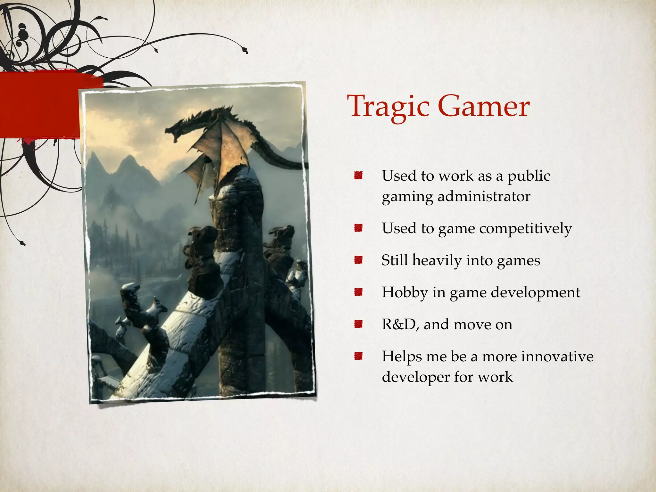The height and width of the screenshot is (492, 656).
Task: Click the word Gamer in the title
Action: pos(483,107)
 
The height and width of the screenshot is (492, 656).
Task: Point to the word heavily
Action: pos(437,260)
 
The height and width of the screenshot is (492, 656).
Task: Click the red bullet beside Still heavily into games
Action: pos(358,260)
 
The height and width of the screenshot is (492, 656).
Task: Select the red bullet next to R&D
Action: pos(358,324)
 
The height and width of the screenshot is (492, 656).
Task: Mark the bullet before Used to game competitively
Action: pos(358,228)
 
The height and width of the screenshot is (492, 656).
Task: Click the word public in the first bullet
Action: pos(529,176)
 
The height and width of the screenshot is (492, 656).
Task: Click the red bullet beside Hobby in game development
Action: pos(358,292)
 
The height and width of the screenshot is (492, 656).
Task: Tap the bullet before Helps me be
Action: pos(358,356)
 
